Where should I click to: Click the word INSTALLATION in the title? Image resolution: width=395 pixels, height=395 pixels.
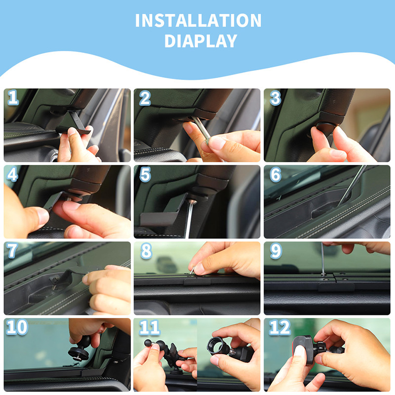[198, 20]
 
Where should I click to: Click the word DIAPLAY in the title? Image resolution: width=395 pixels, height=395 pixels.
[201, 41]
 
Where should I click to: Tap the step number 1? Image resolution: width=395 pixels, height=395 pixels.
[13, 97]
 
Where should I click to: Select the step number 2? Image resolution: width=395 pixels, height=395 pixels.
[145, 98]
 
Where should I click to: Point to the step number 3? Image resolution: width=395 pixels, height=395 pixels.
[275, 98]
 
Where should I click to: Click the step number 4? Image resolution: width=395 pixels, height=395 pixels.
[12, 174]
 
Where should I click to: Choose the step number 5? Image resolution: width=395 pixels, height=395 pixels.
[145, 174]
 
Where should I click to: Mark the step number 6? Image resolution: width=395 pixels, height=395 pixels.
[276, 175]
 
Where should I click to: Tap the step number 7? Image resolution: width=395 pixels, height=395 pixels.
[12, 251]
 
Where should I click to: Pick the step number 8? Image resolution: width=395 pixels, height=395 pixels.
[146, 251]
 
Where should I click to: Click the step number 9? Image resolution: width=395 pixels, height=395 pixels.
[276, 251]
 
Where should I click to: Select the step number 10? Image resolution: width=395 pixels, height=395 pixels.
[17, 327]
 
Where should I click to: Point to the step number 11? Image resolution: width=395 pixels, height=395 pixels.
[150, 327]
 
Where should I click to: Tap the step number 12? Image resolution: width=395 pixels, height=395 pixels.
[280, 327]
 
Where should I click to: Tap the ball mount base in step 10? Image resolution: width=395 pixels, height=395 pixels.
[79, 354]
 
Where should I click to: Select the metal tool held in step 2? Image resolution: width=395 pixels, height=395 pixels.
[201, 129]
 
